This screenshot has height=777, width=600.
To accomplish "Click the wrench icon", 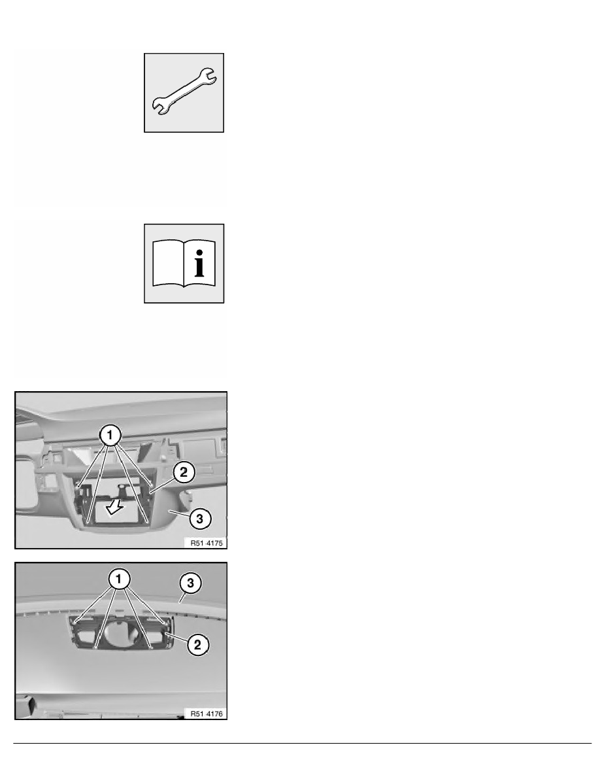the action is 184,92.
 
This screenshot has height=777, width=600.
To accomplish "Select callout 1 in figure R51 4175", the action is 110,436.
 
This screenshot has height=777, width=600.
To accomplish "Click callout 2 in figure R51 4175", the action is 184,472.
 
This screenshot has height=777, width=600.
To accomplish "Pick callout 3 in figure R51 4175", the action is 199,519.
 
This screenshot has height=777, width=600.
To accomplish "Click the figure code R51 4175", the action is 207,543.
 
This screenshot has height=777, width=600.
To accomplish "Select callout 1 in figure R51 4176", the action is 118,579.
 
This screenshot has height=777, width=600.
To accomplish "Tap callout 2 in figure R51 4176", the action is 197,645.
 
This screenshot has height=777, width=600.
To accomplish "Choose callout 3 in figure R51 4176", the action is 191,583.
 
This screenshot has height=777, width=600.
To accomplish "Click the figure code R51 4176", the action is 207,714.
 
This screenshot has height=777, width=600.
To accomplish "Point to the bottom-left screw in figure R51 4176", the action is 95,646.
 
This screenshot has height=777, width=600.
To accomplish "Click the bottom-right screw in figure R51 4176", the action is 150,647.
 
